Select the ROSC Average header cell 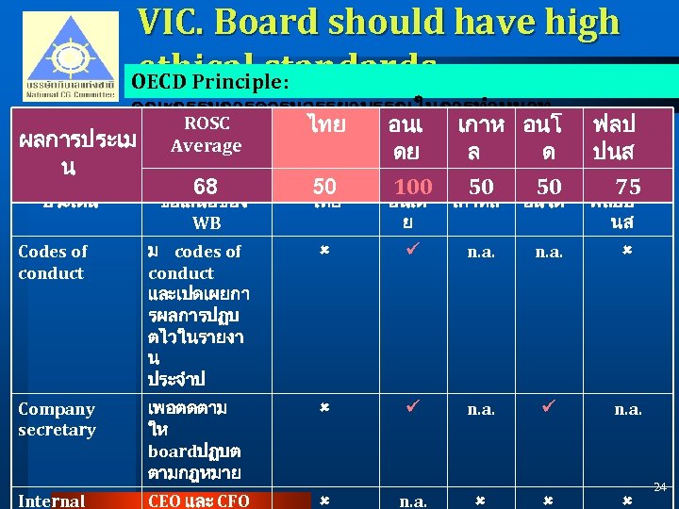[206, 135]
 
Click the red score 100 [412, 187]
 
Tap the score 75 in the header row [627, 187]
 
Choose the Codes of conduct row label [52, 262]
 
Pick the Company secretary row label [57, 419]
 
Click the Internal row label [51, 501]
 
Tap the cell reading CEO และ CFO [198, 501]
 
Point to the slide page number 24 [660, 487]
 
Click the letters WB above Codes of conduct [206, 223]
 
